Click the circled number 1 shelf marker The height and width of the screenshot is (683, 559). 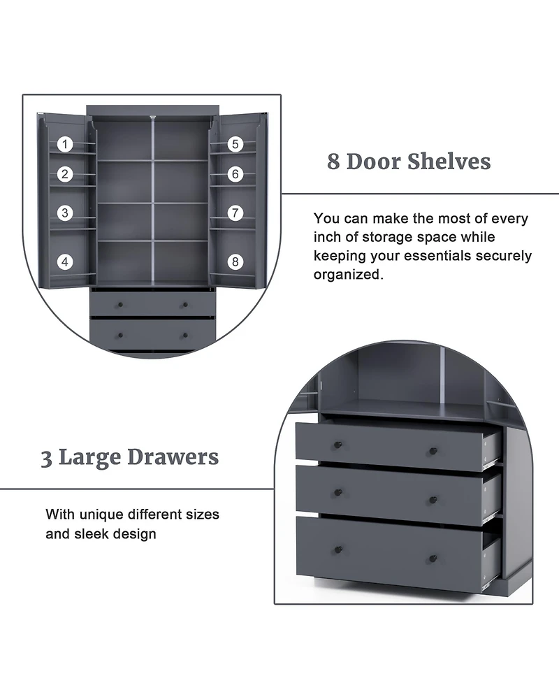65,145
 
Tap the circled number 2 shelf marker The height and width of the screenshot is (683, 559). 65,174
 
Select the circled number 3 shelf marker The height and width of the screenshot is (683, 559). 65,213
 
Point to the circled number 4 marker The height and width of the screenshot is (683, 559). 65,262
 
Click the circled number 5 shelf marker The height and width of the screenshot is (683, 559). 235,145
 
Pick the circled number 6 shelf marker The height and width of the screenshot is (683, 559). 235,174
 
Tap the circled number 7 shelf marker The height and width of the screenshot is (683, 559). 235,213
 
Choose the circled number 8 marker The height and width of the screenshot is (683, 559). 235,262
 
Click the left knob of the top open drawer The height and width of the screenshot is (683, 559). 338,445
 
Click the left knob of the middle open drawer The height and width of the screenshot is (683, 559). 338,493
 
